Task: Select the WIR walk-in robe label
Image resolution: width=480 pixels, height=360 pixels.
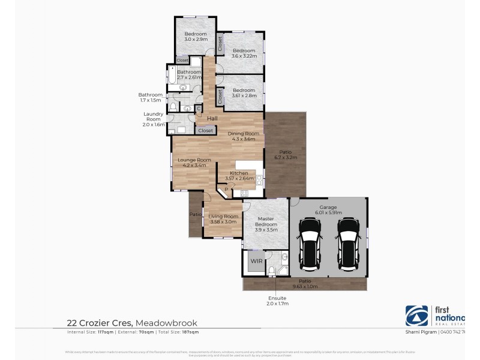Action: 256,261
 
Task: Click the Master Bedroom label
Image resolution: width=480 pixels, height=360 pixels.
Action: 266,223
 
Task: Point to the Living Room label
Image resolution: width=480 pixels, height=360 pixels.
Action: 223,216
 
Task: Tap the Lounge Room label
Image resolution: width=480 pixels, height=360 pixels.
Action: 194,160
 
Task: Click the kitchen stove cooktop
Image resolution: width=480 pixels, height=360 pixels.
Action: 244,193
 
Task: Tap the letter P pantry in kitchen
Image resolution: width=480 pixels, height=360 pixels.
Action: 226,190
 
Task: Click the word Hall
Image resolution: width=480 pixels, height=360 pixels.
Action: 212,118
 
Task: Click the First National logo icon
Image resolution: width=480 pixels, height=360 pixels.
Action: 416,316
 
